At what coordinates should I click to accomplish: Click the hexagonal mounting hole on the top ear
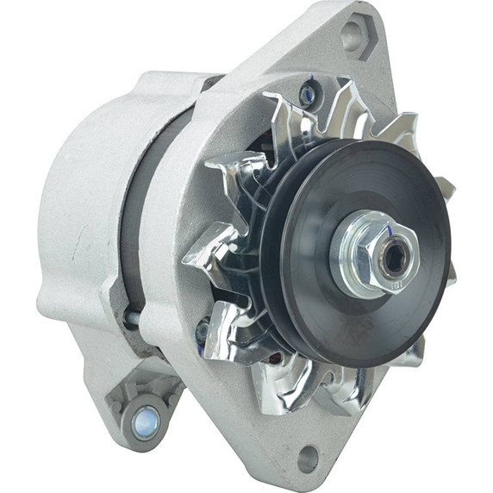point(355,35)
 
